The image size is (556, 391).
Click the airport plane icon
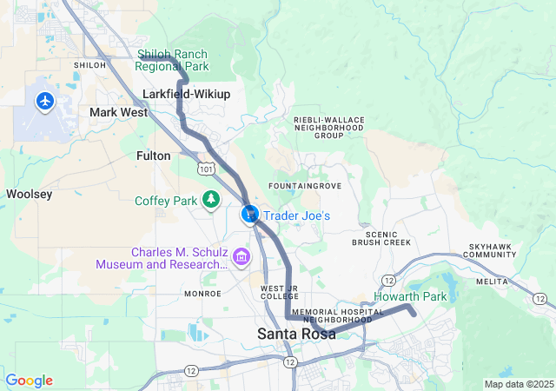point(44,102)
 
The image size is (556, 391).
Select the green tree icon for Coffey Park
point(210,201)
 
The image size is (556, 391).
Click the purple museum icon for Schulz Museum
point(241,256)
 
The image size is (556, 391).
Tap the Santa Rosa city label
point(294,334)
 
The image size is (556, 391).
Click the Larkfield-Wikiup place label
point(186,94)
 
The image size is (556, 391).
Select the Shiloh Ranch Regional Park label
point(172,60)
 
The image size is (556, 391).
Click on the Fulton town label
point(154,156)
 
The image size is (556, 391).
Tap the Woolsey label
point(30,194)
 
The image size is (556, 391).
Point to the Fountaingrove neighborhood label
point(304,187)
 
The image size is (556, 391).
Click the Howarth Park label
point(410,297)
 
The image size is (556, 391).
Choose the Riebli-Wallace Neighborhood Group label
point(329,128)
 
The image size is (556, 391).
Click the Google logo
point(29,381)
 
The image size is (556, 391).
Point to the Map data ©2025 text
point(518,384)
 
